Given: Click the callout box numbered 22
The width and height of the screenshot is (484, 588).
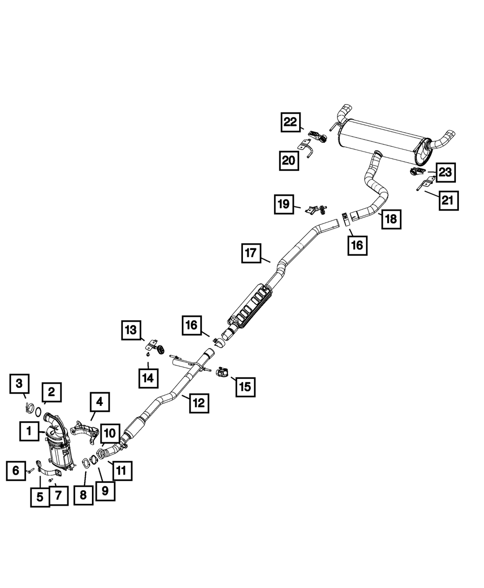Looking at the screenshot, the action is [x=291, y=122].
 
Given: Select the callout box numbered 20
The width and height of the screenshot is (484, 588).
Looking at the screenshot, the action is [x=289, y=160].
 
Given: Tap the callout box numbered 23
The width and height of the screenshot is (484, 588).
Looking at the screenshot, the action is [x=445, y=172].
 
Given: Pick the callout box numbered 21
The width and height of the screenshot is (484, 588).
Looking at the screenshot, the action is [x=449, y=201].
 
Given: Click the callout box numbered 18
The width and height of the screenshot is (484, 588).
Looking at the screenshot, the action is [x=391, y=219].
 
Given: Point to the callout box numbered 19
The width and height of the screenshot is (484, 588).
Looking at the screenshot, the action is [x=284, y=204].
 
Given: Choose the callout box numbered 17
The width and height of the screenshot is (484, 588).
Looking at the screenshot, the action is [x=251, y=253].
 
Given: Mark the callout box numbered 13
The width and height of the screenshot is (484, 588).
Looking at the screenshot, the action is [x=131, y=330].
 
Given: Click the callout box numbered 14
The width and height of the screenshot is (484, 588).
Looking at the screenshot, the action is [x=148, y=378].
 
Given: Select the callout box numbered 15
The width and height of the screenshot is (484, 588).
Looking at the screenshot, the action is [x=245, y=387].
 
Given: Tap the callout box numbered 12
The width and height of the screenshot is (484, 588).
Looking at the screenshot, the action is [x=199, y=403].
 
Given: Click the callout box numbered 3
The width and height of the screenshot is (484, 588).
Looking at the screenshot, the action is [x=19, y=384].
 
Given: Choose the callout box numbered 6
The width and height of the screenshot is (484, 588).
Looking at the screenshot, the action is [x=16, y=471].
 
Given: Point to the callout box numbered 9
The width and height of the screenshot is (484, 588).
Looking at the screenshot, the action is [x=105, y=491].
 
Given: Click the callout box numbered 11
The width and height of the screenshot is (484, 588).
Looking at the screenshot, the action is [x=122, y=471].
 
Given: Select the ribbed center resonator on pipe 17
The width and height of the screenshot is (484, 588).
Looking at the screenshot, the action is [x=250, y=307].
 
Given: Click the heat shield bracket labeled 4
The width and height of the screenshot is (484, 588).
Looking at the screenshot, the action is [x=85, y=434].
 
